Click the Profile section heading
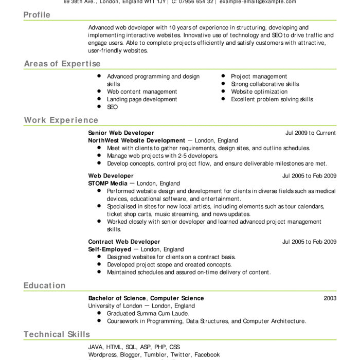coord(37,15)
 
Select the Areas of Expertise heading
coord(62,64)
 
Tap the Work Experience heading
coord(61,120)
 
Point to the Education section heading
coord(45,285)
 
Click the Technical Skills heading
coord(57,334)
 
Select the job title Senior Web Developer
coord(121,133)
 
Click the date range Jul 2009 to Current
coord(311,133)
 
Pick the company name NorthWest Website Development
coord(136,140)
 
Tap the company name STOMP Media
coord(108,183)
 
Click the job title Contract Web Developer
coord(124,242)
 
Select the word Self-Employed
coord(110,249)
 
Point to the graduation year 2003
coord(330,298)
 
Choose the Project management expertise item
coord(259,76)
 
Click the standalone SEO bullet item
coord(112,107)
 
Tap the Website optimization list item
coord(259,92)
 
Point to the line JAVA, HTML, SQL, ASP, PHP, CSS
coord(134,347)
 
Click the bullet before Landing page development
coord(99,99)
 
